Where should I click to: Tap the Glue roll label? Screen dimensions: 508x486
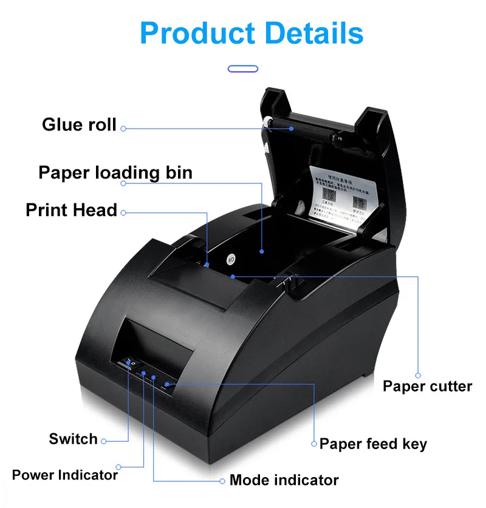tap(79, 125)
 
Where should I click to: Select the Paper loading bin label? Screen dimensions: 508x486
tap(115, 172)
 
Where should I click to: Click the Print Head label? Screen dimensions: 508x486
tap(71, 211)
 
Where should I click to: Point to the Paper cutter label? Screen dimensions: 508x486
tap(427, 386)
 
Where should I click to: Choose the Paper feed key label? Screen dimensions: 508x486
tap(373, 444)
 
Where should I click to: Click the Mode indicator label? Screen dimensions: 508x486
tap(284, 480)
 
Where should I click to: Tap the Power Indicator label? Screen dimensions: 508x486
tap(64, 475)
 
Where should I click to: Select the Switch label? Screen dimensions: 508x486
tap(73, 439)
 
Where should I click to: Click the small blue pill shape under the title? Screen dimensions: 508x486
tap(243, 69)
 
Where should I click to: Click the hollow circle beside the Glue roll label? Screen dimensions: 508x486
tap(123, 128)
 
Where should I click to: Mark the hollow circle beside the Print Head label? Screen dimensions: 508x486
tap(123, 212)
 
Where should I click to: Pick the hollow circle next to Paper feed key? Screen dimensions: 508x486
tap(314, 444)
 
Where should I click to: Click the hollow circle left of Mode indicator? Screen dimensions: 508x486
tap(223, 481)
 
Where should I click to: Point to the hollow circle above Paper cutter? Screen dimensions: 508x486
tap(418, 375)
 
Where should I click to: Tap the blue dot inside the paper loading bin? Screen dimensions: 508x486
tap(262, 250)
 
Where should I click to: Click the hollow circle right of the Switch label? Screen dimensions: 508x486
tap(104, 441)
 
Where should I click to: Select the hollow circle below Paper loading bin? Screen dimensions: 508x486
tap(123, 183)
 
